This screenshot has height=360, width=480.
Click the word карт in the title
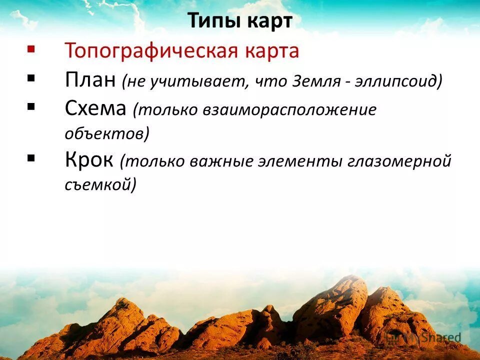[268, 21]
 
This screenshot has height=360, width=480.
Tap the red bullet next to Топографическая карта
[31, 49]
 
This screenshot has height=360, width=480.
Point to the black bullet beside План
[31, 78]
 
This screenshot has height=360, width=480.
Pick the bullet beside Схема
[31, 106]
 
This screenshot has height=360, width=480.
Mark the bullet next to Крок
[31, 158]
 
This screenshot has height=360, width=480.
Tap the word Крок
[89, 160]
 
